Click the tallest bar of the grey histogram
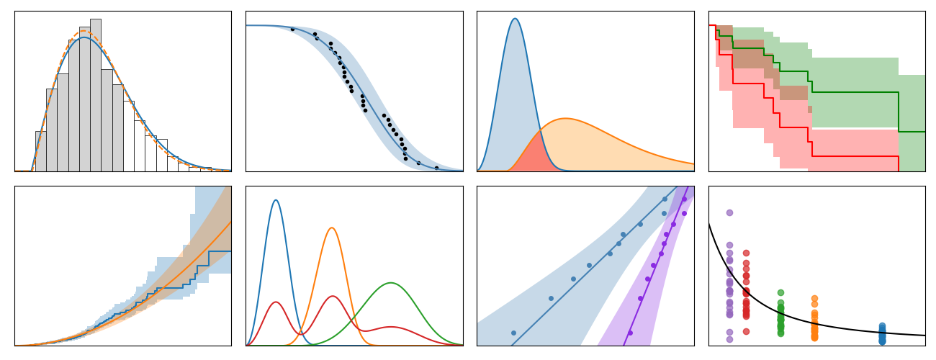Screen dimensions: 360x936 click(x=95, y=94)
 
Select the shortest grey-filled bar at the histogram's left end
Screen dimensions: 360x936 click(x=40, y=151)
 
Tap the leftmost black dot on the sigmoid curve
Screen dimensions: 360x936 click(x=292, y=30)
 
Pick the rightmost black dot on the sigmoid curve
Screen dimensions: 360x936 click(x=436, y=168)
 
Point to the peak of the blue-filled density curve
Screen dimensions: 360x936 click(x=515, y=19)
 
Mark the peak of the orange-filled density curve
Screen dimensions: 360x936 click(x=566, y=119)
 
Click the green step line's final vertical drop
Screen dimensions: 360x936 click(x=899, y=112)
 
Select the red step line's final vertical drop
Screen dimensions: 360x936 click(x=899, y=163)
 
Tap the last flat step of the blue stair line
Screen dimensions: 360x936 click(x=220, y=251)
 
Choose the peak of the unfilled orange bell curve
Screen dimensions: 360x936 click(x=332, y=228)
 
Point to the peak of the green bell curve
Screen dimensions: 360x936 click(x=391, y=283)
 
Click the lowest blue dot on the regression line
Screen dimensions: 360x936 click(x=513, y=333)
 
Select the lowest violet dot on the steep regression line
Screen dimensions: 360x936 click(x=630, y=333)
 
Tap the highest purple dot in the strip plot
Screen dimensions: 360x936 click(x=729, y=212)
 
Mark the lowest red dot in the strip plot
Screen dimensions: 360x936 click(x=746, y=331)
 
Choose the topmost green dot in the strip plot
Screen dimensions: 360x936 click(x=780, y=292)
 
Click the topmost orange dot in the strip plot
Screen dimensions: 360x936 click(x=814, y=298)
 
